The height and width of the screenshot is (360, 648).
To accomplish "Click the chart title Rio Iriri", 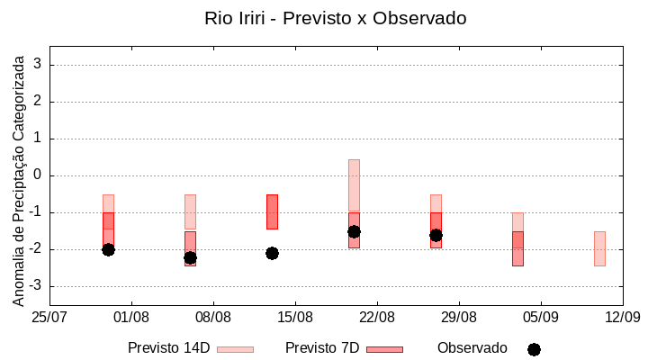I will coord(335,18).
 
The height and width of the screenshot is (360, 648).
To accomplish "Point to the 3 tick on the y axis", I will coord(38,65).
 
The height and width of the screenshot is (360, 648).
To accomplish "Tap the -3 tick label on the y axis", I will coord(35,286).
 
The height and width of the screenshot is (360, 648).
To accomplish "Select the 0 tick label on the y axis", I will coord(38,175).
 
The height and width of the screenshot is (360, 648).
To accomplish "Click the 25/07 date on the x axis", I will coord(49,317).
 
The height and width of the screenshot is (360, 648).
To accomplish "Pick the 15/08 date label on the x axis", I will coord(295,317).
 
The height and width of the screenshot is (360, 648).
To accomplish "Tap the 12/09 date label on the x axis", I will coord(622,317).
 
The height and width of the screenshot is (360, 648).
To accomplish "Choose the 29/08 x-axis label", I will coord(459,317).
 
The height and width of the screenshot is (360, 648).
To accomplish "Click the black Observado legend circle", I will coord(534,349).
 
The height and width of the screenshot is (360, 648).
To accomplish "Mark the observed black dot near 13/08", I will coord(272,253).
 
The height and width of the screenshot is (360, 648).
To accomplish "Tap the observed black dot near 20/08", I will coord(354,231).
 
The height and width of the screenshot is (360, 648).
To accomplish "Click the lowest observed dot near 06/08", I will coord(190,257).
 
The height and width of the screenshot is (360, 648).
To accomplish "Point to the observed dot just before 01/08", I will coord(108,249).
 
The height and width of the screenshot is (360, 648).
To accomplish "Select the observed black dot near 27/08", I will coord(436,235).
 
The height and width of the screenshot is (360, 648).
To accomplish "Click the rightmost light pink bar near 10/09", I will coord(599,248).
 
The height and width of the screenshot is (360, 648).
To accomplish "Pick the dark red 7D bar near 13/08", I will coord(272,211).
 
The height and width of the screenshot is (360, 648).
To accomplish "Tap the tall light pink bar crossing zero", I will coord(354,184).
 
